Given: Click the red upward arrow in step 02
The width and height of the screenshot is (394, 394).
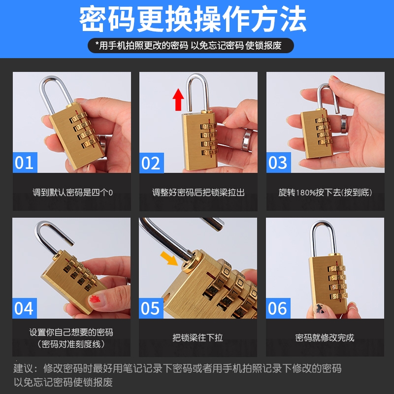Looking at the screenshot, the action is pos(178,99).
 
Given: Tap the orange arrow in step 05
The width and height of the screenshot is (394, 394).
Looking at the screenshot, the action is pos(169,258).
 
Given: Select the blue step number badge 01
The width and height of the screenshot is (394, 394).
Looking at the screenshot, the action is pos(25,163).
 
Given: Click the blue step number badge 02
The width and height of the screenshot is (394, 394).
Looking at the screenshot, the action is pos(152,163).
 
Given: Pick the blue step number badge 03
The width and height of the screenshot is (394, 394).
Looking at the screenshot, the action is pos(279,163).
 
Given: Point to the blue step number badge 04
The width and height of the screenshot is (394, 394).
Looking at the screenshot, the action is pos(25,308).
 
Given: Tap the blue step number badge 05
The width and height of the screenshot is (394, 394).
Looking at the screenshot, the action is pos(151,308).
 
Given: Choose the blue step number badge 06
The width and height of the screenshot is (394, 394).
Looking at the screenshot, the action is pos(278,308).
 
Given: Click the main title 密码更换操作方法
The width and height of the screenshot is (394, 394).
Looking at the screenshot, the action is pos(193,19).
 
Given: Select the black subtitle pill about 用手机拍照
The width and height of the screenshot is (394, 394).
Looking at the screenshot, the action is pos(191,45).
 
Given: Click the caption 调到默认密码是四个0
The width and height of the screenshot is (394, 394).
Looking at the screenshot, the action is pos(72,193).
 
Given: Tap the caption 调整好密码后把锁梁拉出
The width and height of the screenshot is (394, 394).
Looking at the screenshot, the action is pos(198,193).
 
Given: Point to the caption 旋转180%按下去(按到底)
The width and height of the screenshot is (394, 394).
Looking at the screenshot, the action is pos(325,193).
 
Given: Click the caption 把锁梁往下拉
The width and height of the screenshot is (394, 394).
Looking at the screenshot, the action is pos(198,337).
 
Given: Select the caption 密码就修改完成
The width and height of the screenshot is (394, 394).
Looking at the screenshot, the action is pos(325,337).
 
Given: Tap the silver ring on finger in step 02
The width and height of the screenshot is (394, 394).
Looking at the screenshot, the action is pos(247,140).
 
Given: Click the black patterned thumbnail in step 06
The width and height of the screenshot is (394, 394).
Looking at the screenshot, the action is pos(319,309).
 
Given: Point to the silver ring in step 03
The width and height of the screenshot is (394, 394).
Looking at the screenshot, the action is pos(344,124).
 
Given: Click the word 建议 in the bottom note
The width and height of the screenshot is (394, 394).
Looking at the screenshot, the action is pos(23,368).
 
